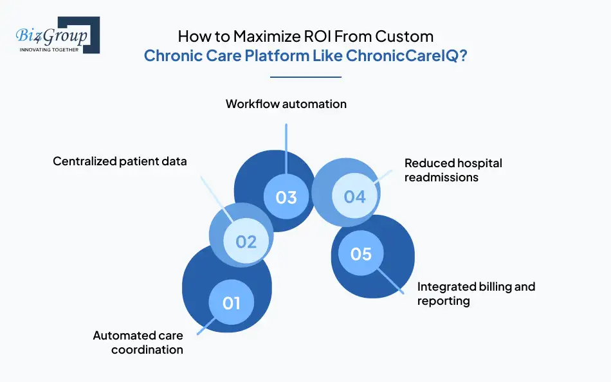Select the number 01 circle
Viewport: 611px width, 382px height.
pos(231,302)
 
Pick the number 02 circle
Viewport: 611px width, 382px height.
pos(246,241)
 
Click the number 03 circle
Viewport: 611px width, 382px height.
pos(286,196)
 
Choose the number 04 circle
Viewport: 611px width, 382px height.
pos(354,196)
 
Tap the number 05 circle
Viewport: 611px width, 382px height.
pos(361,253)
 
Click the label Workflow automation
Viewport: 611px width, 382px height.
pos(286,104)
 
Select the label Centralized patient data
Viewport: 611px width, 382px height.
pos(120,161)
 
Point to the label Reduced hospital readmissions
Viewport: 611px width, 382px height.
pos(453,170)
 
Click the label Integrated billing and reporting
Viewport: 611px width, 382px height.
pos(476,293)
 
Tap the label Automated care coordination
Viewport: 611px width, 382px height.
pos(138,343)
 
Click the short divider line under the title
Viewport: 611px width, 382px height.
pos(305,77)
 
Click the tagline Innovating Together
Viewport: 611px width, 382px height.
pos(49,49)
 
